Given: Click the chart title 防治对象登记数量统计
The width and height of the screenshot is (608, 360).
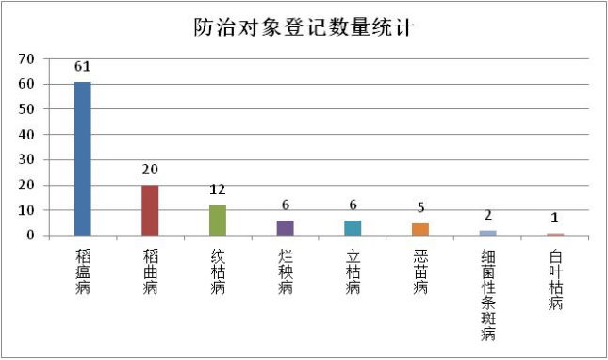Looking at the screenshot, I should pyautogui.click(x=303, y=27).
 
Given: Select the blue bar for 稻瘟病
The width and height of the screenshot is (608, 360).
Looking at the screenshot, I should pyautogui.click(x=83, y=158).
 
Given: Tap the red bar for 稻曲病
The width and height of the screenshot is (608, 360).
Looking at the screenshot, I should pyautogui.click(x=150, y=210).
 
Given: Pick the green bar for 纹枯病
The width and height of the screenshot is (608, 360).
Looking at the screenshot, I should pyautogui.click(x=218, y=220).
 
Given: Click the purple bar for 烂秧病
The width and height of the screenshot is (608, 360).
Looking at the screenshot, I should pyautogui.click(x=285, y=227).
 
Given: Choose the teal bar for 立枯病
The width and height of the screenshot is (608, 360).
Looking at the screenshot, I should pyautogui.click(x=353, y=227).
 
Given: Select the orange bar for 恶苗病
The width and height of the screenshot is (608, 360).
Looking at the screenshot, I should pyautogui.click(x=420, y=229).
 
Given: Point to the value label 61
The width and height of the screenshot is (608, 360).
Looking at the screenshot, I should pyautogui.click(x=83, y=67).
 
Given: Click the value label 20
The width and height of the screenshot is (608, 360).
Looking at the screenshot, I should pyautogui.click(x=150, y=170).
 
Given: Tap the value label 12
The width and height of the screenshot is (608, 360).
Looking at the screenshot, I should pyautogui.click(x=218, y=189).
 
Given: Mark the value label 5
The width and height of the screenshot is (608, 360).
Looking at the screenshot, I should pyautogui.click(x=420, y=207).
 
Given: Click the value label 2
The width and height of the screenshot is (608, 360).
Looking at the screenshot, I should pyautogui.click(x=487, y=215).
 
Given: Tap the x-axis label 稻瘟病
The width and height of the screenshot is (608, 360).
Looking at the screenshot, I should pyautogui.click(x=83, y=272).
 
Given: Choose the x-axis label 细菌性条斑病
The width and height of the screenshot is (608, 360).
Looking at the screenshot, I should pyautogui.click(x=487, y=294).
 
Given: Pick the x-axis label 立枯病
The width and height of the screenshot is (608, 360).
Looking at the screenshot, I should pyautogui.click(x=353, y=272).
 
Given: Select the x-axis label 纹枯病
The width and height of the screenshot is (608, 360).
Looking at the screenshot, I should pyautogui.click(x=218, y=272).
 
